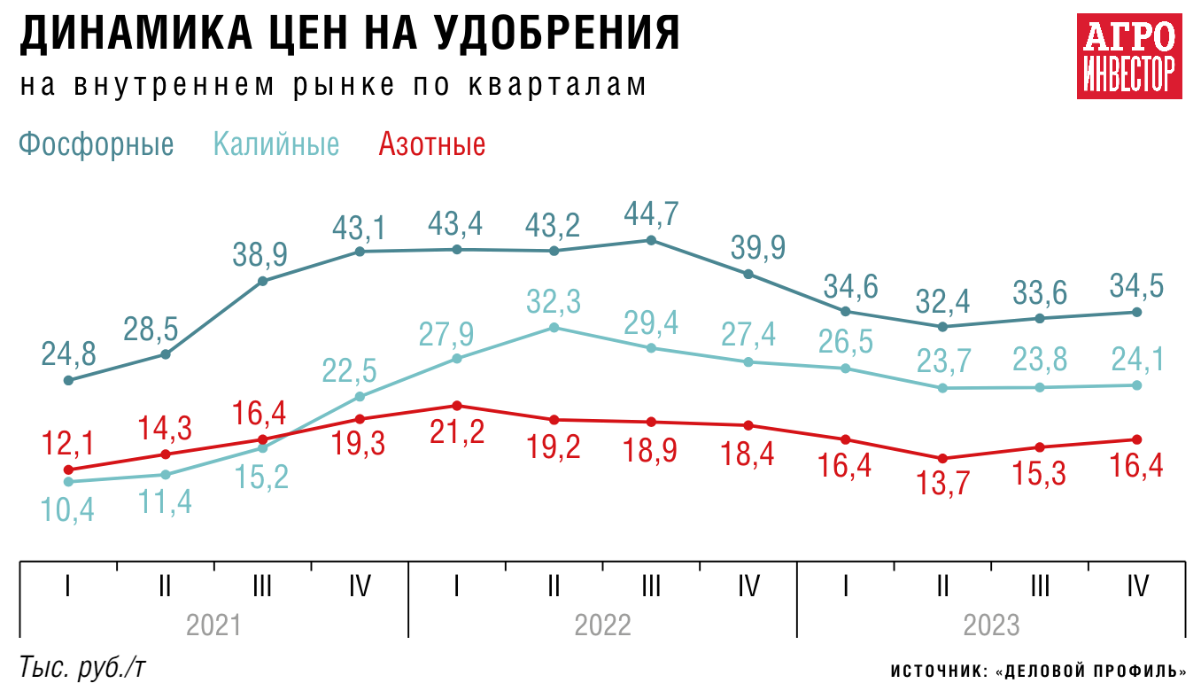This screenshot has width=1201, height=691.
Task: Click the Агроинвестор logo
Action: point(1129,56)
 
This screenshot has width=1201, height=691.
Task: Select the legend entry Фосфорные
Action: point(96,144)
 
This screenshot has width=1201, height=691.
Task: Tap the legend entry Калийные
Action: point(276,144)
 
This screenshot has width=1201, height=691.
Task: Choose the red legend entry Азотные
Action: point(432,144)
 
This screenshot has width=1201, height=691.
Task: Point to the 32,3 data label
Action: point(554,302)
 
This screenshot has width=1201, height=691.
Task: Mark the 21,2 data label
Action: point(457,433)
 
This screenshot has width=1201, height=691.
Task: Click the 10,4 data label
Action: point(67,510)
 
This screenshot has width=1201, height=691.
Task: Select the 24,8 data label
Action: point(67,353)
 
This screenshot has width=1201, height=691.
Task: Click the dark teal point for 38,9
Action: point(262,282)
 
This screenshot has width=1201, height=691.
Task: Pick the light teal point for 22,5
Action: point(360,396)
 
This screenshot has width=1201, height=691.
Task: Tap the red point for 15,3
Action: point(1040,447)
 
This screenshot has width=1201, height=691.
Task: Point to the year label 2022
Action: point(603,625)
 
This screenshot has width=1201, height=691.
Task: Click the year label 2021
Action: point(213,625)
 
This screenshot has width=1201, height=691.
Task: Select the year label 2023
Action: point(992,625)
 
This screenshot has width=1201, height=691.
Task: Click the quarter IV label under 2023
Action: point(1137,586)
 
